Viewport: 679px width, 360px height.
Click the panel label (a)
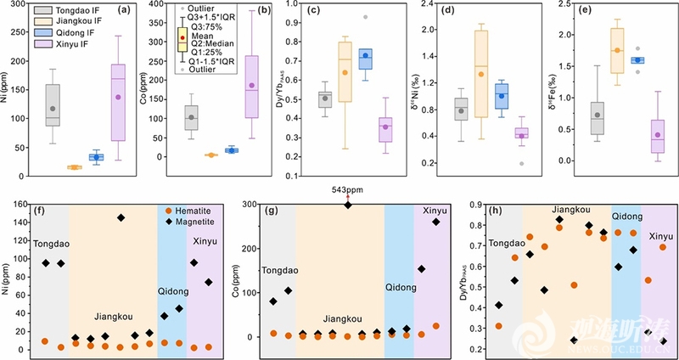click(x=124, y=10)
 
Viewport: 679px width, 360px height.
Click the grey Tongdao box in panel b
click(x=191, y=117)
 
